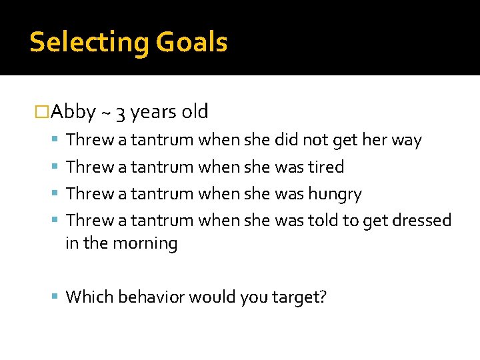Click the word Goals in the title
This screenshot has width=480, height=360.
point(192,43)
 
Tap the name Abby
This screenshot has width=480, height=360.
point(73,111)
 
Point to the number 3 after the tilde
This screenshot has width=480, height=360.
point(121,112)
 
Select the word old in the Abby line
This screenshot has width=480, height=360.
point(194,111)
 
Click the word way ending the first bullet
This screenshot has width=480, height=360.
point(406,140)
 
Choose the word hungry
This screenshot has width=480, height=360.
point(335,194)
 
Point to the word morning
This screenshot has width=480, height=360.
point(145,243)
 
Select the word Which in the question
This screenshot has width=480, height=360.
point(89,296)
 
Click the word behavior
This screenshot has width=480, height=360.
point(151,296)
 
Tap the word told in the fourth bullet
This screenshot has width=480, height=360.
point(324,221)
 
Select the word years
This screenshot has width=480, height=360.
point(151,112)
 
